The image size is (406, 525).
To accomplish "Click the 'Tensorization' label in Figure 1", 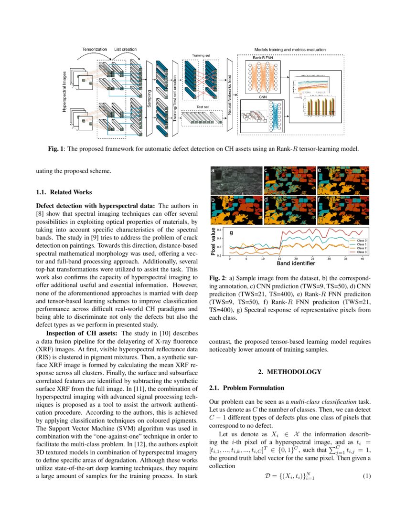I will [94, 49].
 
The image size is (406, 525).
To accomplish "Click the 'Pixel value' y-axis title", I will [214, 242].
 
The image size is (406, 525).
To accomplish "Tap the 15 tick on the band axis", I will [279, 258].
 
